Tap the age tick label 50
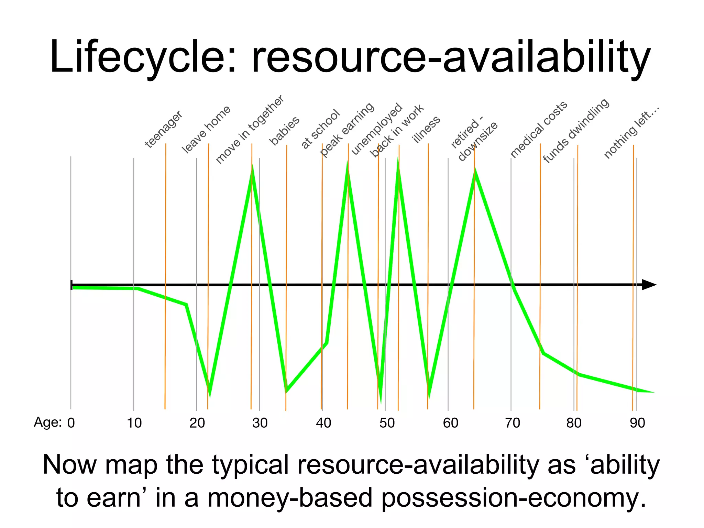[x=387, y=423]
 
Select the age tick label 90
[x=637, y=423]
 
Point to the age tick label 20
[x=197, y=423]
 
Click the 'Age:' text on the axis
[x=48, y=422]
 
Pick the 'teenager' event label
[x=164, y=129]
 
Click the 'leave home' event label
[x=206, y=129]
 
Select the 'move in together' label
[x=250, y=129]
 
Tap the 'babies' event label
[x=284, y=131]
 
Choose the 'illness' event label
[x=426, y=129]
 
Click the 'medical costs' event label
[x=538, y=129]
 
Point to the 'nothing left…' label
[x=632, y=132]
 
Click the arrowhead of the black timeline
[x=649, y=285]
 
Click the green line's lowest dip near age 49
[x=381, y=399]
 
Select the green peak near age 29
[x=252, y=168]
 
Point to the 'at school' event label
[x=320, y=129]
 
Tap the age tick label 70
[x=512, y=423]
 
